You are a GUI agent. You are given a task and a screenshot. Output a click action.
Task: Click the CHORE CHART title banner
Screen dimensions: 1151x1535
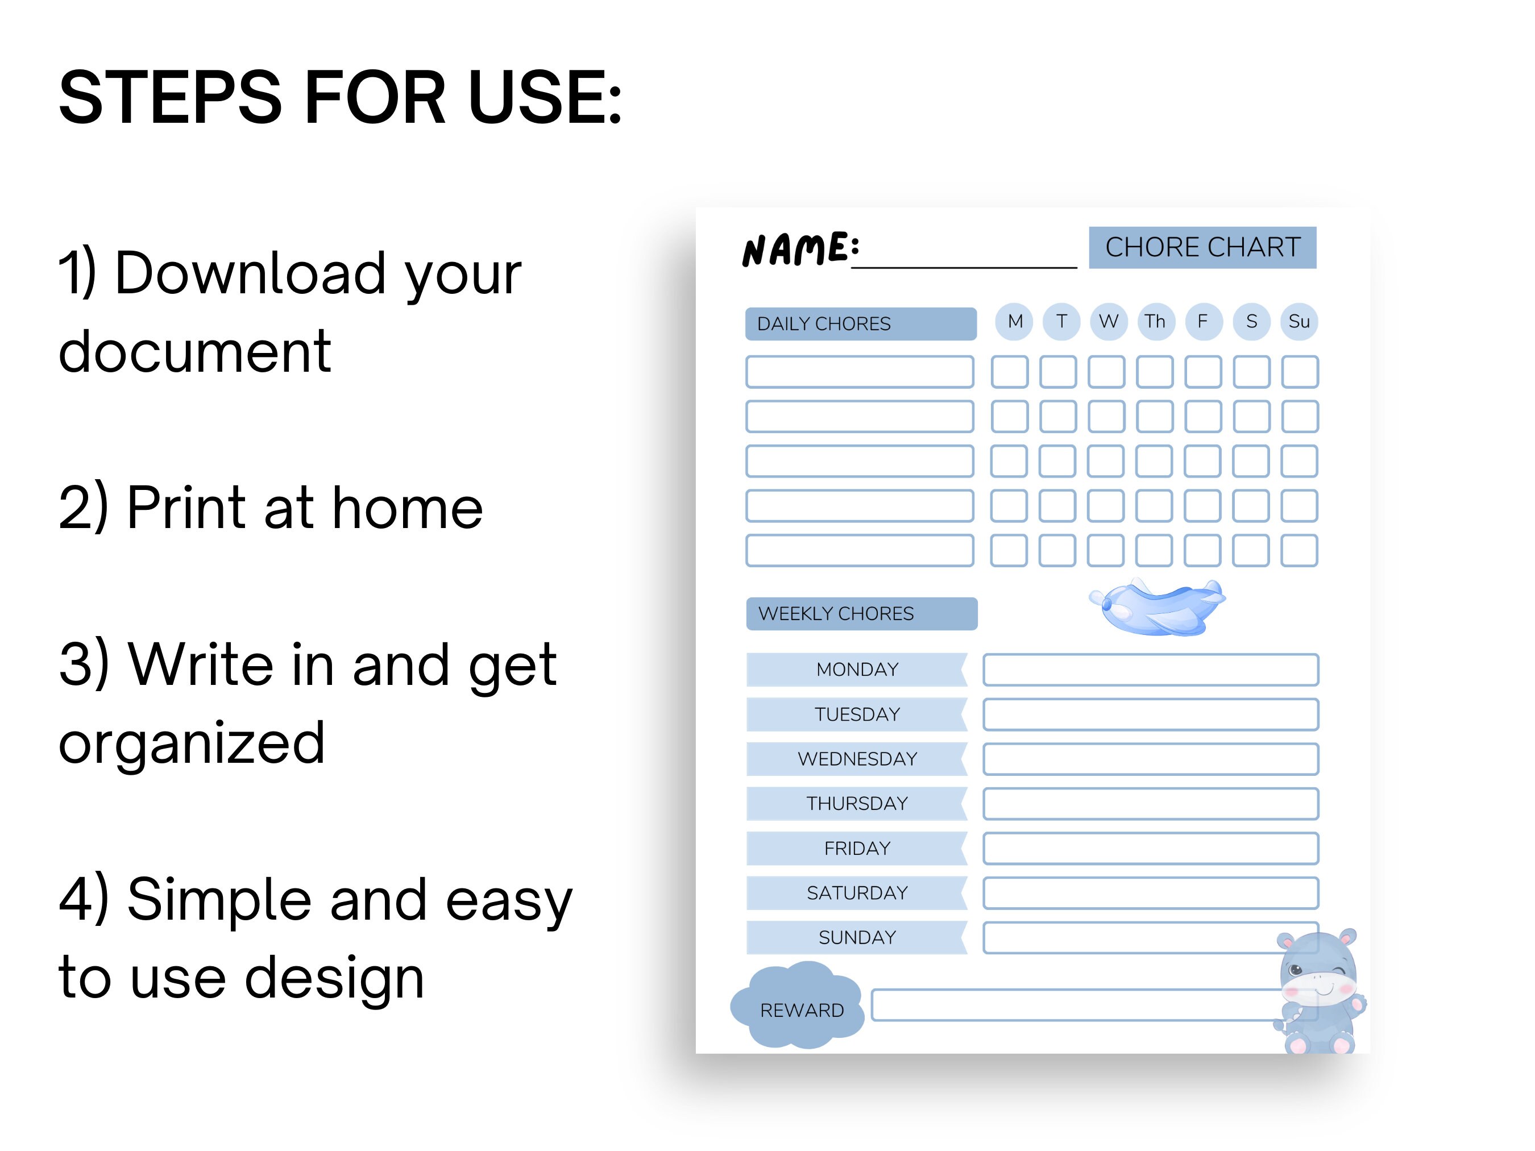1202,247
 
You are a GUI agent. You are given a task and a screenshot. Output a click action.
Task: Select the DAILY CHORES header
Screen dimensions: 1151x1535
861,323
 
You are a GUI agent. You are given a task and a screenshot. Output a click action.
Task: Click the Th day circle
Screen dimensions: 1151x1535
1155,321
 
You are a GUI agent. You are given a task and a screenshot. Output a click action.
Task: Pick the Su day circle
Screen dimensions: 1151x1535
1299,321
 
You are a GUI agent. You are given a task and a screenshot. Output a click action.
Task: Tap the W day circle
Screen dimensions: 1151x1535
1108,321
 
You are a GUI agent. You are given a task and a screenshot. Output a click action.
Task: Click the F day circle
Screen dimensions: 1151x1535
1202,321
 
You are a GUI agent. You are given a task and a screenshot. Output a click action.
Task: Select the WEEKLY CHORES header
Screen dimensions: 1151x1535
861,613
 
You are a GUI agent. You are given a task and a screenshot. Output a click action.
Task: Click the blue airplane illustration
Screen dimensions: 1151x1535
1158,607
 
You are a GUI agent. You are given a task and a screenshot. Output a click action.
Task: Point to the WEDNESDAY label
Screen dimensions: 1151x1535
857,758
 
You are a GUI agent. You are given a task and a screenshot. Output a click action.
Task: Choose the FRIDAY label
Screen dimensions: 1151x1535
857,848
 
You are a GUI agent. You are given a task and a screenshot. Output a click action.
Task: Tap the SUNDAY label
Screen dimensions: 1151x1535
857,937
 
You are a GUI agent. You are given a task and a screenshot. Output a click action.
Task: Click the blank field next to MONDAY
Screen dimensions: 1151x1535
1151,670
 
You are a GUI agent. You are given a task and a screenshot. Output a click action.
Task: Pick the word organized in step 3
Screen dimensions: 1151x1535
192,743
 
